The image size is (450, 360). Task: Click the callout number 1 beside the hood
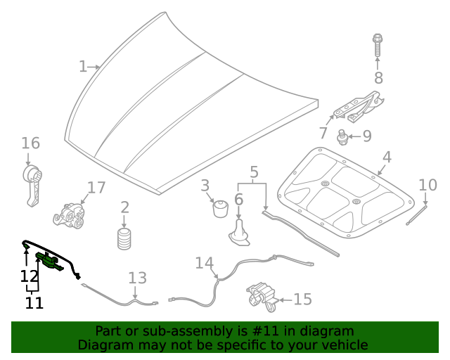pos(82,67)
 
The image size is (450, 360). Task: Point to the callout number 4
pos(387,157)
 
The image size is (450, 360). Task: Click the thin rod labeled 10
pos(416,214)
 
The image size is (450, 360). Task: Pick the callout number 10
pos(427,186)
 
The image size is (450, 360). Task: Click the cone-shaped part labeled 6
pos(240,233)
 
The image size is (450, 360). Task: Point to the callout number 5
pos(254,172)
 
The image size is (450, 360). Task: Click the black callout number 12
pos(29,276)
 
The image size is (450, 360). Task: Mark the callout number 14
pos(204,263)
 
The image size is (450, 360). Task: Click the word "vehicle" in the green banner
pos(343,345)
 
